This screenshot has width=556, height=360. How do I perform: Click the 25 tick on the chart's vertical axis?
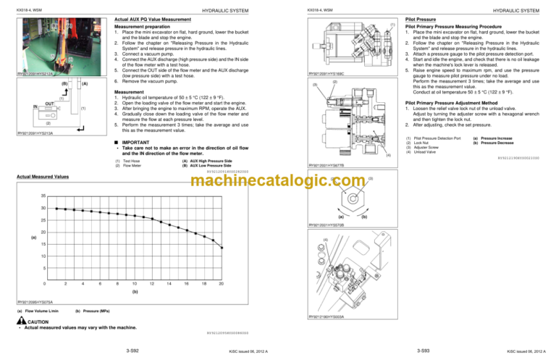(x=43, y=219)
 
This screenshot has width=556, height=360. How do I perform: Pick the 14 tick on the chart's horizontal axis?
(x=168, y=282)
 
